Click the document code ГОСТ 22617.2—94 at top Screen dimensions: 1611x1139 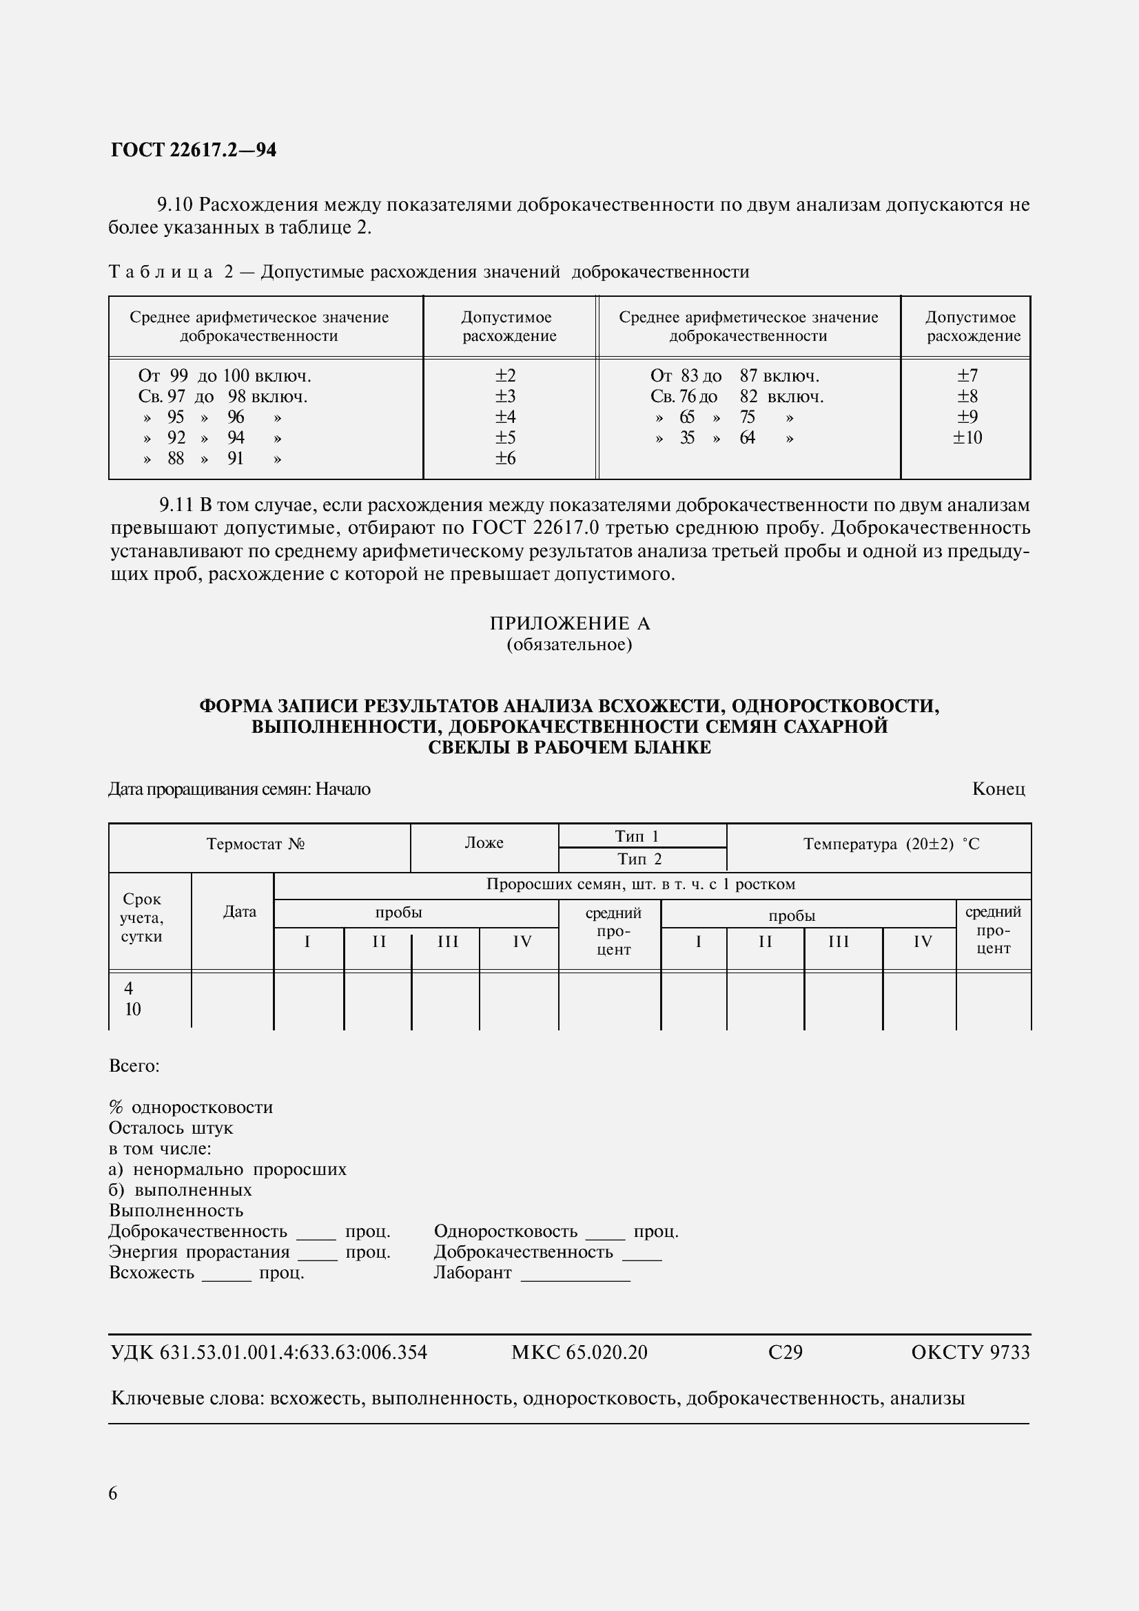pyautogui.click(x=194, y=150)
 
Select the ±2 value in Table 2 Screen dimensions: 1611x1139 pyautogui.click(x=505, y=375)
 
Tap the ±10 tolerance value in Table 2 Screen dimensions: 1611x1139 pyautogui.click(x=967, y=438)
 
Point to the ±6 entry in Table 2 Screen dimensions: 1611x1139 pyautogui.click(x=505, y=458)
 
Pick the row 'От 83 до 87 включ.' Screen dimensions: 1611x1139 pyautogui.click(x=735, y=375)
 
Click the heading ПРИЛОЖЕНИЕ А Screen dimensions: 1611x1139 pyautogui.click(x=569, y=623)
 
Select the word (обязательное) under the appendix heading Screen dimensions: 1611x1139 pyautogui.click(x=569, y=644)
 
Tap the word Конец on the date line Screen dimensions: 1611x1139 pyautogui.click(x=998, y=789)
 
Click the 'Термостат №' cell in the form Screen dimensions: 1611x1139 pyautogui.click(x=256, y=844)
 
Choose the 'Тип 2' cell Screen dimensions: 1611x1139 pyautogui.click(x=639, y=860)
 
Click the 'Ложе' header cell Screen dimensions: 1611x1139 pyautogui.click(x=484, y=842)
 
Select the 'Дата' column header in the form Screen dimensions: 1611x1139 pyautogui.click(x=239, y=911)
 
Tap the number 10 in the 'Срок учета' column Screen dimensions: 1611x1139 pyautogui.click(x=132, y=1010)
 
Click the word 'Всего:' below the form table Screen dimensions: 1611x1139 pyautogui.click(x=134, y=1066)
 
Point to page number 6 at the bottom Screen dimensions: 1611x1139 pyautogui.click(x=113, y=1494)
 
